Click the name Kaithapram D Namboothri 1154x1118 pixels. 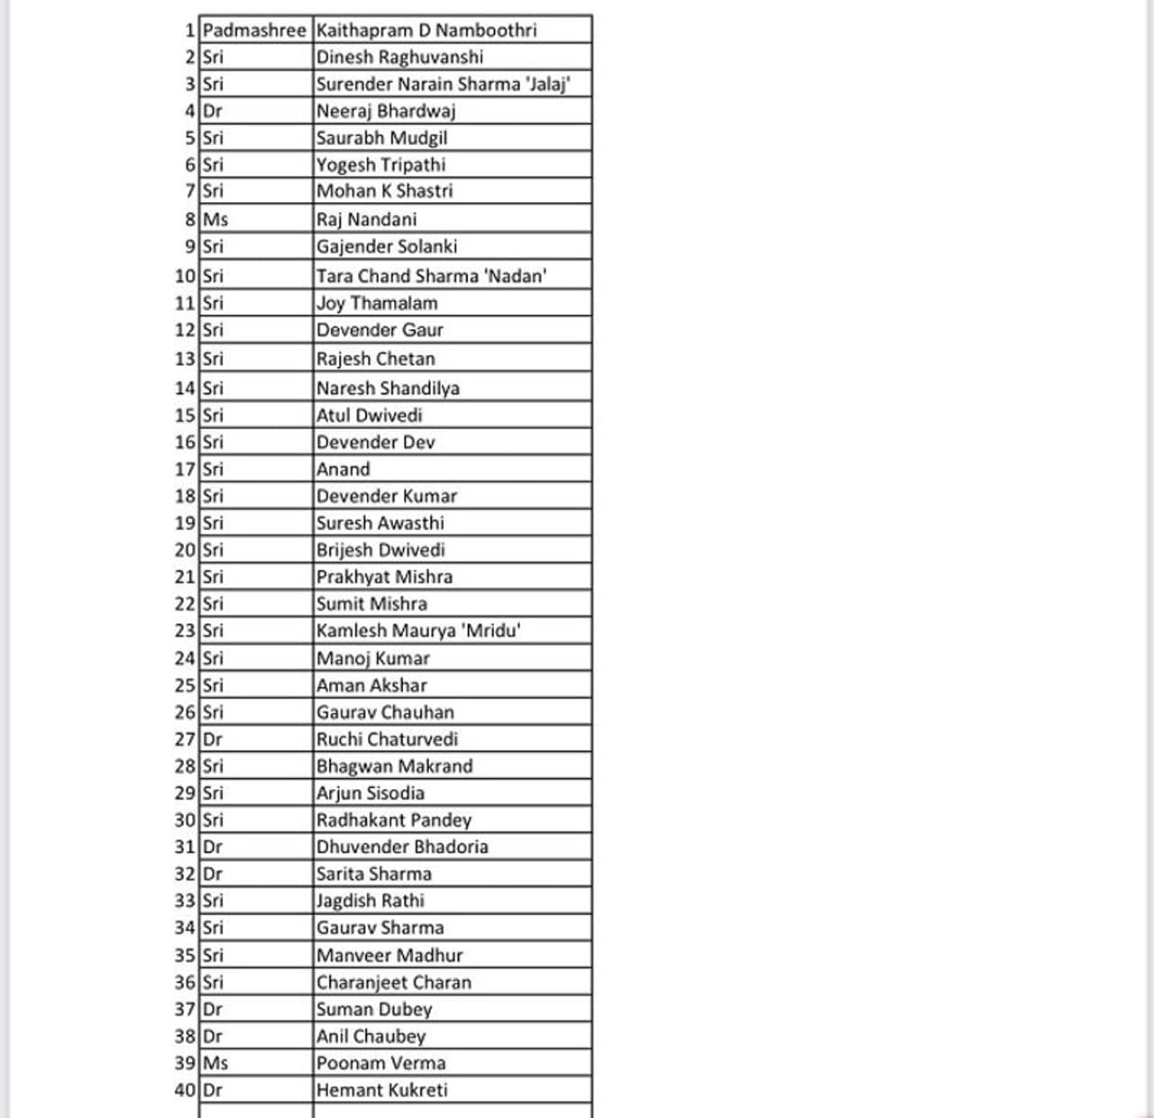pyautogui.click(x=426, y=31)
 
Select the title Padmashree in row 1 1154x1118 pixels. pyautogui.click(x=254, y=31)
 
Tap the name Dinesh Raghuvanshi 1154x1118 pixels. pyautogui.click(x=399, y=58)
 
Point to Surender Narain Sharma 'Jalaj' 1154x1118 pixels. pyautogui.click(x=443, y=85)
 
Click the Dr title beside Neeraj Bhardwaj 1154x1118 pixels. pyautogui.click(x=213, y=112)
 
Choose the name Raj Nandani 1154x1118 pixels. pyautogui.click(x=366, y=220)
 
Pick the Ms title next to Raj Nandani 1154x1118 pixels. pyautogui.click(x=215, y=220)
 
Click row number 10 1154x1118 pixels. pyautogui.click(x=185, y=277)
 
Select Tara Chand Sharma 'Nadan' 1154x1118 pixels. pyautogui.click(x=431, y=277)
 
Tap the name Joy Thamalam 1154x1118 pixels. pyautogui.click(x=377, y=304)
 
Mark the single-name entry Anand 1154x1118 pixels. pyautogui.click(x=343, y=470)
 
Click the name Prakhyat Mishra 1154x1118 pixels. pyautogui.click(x=384, y=577)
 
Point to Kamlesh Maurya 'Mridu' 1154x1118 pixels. pyautogui.click(x=418, y=631)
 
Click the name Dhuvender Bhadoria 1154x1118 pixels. pyautogui.click(x=402, y=848)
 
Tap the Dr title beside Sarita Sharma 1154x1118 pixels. pyautogui.click(x=213, y=875)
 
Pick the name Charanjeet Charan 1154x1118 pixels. pyautogui.click(x=393, y=983)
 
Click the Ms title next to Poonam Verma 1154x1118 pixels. pyautogui.click(x=215, y=1064)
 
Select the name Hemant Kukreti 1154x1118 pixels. pyautogui.click(x=381, y=1091)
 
